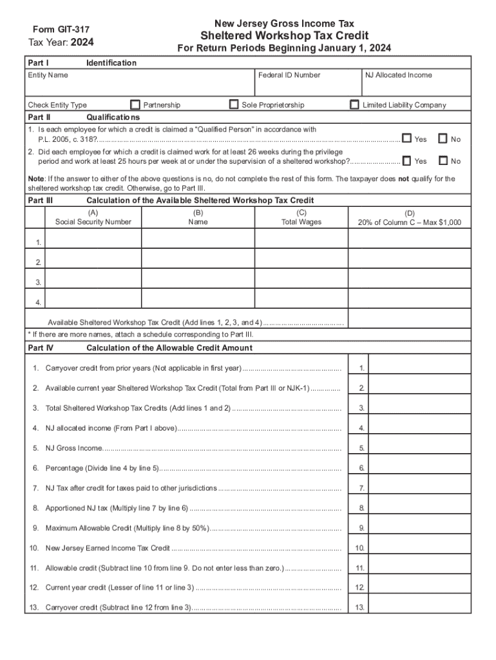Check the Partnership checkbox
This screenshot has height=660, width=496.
tap(135, 104)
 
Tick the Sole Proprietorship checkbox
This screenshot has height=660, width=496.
tap(234, 104)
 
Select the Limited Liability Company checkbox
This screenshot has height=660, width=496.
tap(354, 104)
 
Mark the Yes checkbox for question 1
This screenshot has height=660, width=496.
tap(406, 139)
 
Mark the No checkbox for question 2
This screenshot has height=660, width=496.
tap(443, 160)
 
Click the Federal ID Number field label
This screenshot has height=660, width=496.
tap(289, 75)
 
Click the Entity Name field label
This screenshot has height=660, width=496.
tap(48, 75)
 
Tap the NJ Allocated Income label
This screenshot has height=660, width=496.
tap(398, 75)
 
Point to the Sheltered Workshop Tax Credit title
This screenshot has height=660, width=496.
tap(284, 35)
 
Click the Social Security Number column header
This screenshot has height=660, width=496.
tap(93, 222)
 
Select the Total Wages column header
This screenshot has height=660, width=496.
tap(301, 222)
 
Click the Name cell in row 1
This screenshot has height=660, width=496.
tap(198, 238)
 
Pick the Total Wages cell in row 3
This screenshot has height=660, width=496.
tap(301, 278)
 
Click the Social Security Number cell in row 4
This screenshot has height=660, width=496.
tap(93, 298)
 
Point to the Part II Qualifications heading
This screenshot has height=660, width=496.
tap(112, 118)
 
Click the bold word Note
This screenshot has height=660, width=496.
tap(36, 179)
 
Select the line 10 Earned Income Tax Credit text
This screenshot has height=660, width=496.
tap(108, 548)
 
